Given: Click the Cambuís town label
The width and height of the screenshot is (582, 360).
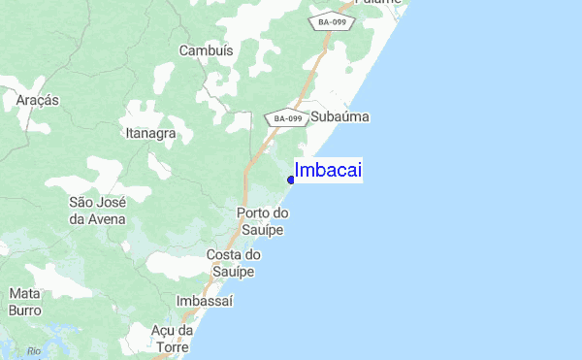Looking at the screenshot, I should (207, 50).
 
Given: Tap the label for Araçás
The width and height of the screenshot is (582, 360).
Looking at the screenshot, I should (38, 100).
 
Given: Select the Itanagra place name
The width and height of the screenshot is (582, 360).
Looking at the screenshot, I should (150, 133).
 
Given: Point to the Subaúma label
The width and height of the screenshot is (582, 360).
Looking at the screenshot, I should (340, 116).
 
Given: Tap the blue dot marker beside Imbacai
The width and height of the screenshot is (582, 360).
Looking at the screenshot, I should (291, 180).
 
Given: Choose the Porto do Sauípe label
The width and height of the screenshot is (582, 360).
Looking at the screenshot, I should (262, 221).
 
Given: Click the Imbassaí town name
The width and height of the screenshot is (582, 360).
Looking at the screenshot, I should (206, 302).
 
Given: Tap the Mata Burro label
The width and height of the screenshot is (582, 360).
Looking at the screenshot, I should (24, 301).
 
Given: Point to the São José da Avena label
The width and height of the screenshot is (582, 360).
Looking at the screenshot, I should (97, 211).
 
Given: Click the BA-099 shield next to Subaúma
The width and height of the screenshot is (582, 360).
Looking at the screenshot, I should (287, 118).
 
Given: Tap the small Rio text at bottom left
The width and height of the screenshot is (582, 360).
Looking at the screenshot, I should (35, 350).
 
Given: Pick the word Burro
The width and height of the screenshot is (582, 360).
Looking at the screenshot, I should (24, 311).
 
